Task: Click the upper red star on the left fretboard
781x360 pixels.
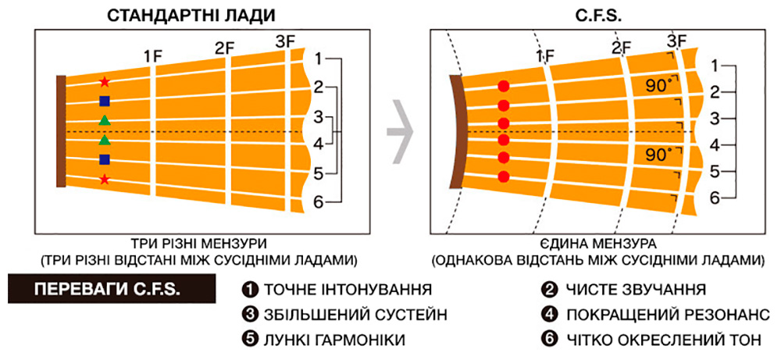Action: [105, 81]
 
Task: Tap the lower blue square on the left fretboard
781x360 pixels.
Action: [105, 159]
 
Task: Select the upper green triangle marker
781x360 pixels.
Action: [105, 120]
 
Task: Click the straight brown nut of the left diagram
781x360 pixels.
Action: [61, 131]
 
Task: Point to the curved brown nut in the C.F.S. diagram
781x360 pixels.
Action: [456, 132]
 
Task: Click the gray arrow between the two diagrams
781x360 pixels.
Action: [401, 131]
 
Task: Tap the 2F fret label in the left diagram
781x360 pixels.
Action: [225, 48]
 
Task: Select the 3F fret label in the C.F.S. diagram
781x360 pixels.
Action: [677, 41]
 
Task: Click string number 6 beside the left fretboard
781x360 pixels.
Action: [319, 201]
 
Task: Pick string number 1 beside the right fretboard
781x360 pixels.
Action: [715, 66]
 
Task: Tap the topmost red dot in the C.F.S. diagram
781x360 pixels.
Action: [504, 86]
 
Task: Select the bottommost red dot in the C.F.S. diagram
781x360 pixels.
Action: [504, 176]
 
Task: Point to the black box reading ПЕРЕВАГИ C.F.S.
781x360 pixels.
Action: [112, 290]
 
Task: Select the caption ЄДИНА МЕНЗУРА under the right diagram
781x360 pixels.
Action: [597, 244]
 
